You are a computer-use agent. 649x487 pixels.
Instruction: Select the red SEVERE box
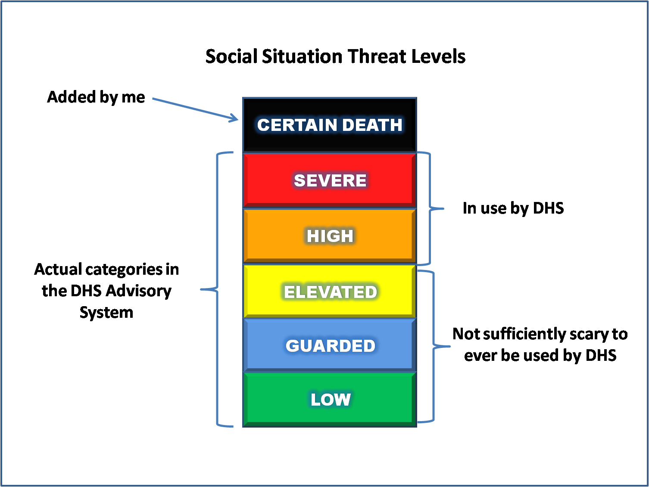pyautogui.click(x=330, y=180)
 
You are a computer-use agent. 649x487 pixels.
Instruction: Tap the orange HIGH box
pyautogui.click(x=330, y=236)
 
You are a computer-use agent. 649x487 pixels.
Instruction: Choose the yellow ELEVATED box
pyautogui.click(x=330, y=292)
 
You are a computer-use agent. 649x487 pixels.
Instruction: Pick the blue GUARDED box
pyautogui.click(x=330, y=345)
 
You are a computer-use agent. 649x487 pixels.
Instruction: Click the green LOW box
pyautogui.click(x=330, y=399)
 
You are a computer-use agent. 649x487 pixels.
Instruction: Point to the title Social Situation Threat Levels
pyautogui.click(x=335, y=56)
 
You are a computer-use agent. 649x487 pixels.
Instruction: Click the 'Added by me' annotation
pyautogui.click(x=96, y=97)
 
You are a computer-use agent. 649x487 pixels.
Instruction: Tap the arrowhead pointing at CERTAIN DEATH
pyautogui.click(x=234, y=118)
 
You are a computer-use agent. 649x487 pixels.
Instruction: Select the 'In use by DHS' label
pyautogui.click(x=513, y=208)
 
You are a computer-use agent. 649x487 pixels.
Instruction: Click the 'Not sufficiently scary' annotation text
pyautogui.click(x=540, y=344)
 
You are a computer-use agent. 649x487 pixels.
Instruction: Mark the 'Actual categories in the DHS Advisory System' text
pyautogui.click(x=106, y=291)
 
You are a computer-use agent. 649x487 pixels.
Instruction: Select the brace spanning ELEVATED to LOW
pyautogui.click(x=433, y=346)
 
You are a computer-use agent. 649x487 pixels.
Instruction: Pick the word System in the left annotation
pyautogui.click(x=106, y=312)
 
